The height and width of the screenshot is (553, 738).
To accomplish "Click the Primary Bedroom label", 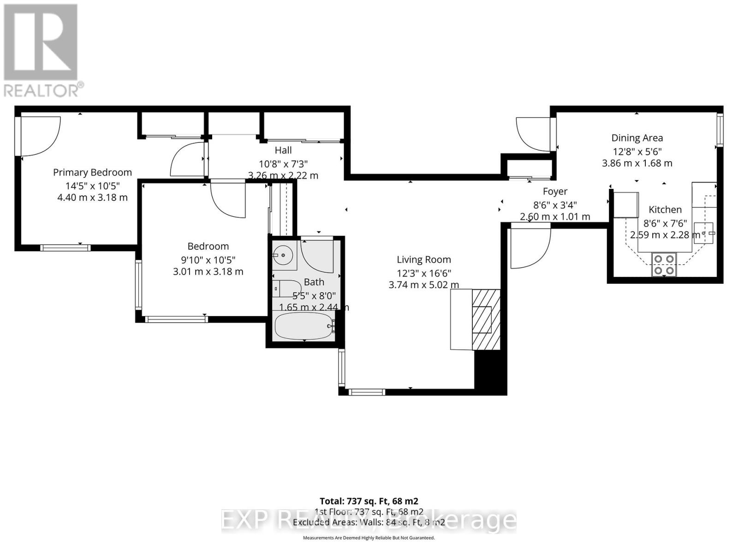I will tap(92, 172).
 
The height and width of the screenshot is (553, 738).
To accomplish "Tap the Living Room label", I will tap(423, 259).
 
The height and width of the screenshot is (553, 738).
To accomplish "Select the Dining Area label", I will tap(637, 138).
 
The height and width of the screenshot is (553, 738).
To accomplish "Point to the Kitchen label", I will tap(665, 210).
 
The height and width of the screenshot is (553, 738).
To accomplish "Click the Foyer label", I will tap(555, 191).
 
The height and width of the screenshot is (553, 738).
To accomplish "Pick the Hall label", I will tap(283, 150).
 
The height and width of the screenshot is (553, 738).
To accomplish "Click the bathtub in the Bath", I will tap(304, 326).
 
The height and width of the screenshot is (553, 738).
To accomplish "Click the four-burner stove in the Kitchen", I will tap(664, 265).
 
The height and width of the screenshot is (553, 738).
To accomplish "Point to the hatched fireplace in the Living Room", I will tap(486, 318).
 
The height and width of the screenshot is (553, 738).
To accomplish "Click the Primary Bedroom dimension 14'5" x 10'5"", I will tap(92, 185).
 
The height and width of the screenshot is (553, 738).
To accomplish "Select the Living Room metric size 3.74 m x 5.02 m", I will tap(423, 285).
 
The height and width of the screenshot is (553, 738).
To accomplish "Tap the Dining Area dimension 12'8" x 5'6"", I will tap(637, 151).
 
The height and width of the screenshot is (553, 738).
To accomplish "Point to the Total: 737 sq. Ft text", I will tap(369, 501).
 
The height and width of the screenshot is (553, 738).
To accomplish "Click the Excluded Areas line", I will tap(369, 523).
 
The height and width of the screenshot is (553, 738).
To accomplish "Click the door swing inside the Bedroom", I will tap(231, 200).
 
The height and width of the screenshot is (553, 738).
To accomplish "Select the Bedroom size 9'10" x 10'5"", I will tap(208, 259).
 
